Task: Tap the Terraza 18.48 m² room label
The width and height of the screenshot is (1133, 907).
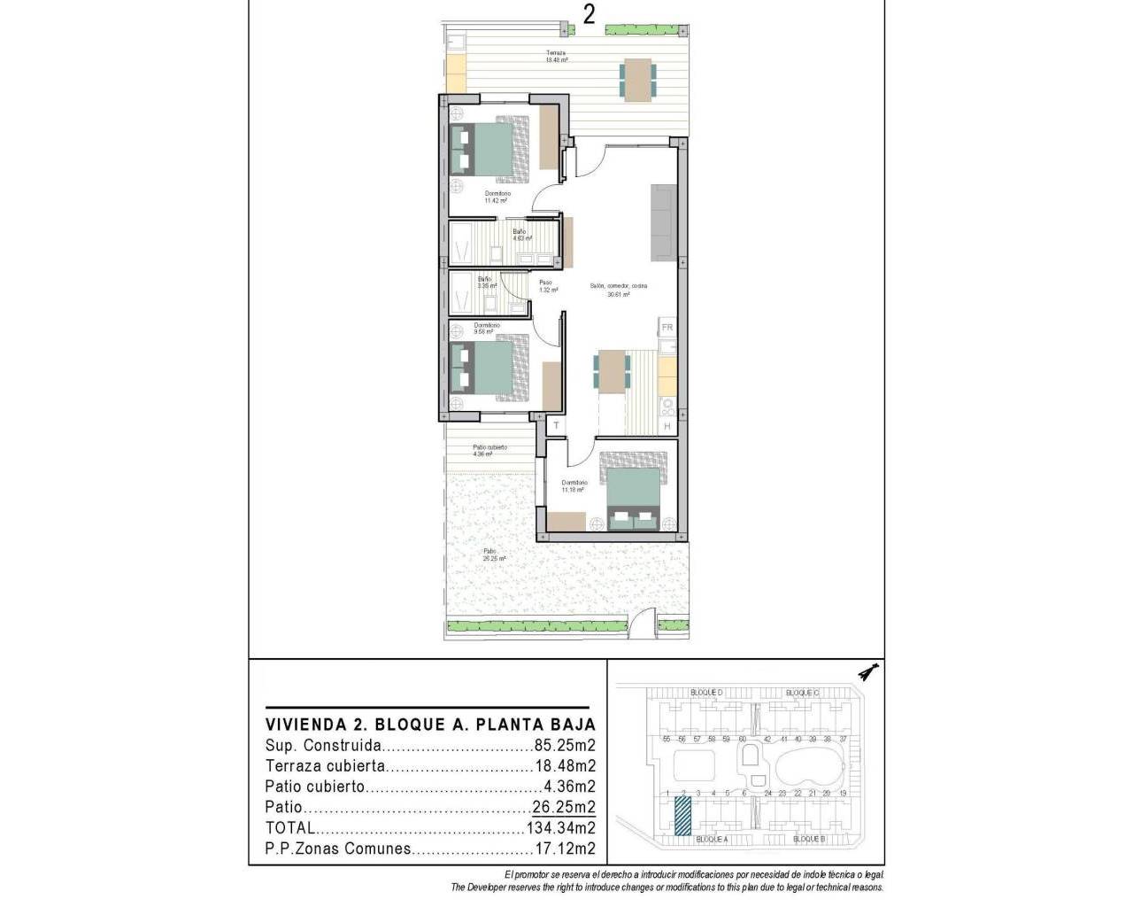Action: pos(556,57)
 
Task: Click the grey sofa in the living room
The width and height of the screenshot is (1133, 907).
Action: pos(663,221)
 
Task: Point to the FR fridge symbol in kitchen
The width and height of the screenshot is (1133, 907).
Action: pos(667,328)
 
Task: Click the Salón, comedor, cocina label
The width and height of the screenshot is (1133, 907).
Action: pos(619,290)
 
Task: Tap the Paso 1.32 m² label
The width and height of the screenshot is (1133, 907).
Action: pos(548,285)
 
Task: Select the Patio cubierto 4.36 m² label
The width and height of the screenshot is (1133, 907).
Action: pos(489,450)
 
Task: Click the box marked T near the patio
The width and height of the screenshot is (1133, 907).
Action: pos(556,426)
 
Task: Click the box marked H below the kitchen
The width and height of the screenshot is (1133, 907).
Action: pos(667,426)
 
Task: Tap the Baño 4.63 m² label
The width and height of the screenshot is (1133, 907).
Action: pos(521,235)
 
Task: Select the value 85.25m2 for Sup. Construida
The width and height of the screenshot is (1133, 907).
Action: pos(565,745)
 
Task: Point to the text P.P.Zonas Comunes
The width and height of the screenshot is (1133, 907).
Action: pos(338,849)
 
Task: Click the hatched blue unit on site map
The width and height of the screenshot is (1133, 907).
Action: pos(682,816)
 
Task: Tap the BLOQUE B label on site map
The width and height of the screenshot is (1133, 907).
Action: pos(809,838)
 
